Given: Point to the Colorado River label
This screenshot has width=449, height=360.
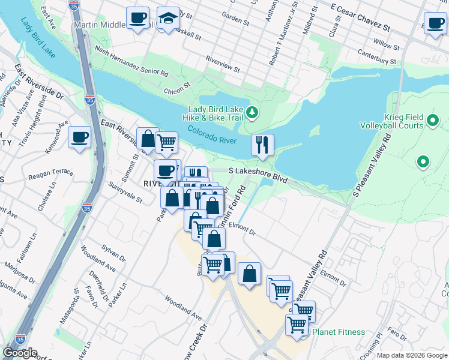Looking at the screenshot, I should (x=212, y=136).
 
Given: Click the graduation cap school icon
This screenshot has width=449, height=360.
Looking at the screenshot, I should (x=169, y=19).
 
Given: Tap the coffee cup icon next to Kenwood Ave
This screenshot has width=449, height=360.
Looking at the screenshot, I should (x=79, y=137).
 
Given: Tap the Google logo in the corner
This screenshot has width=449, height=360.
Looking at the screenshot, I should (x=20, y=353).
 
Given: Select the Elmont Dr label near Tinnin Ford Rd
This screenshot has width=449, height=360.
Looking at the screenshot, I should (x=243, y=229).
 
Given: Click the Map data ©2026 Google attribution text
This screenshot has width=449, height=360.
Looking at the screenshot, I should (x=411, y=355).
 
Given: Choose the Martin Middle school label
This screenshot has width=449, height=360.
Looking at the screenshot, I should (x=98, y=25).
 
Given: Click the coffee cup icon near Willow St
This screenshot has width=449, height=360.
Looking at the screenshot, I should (x=435, y=23).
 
